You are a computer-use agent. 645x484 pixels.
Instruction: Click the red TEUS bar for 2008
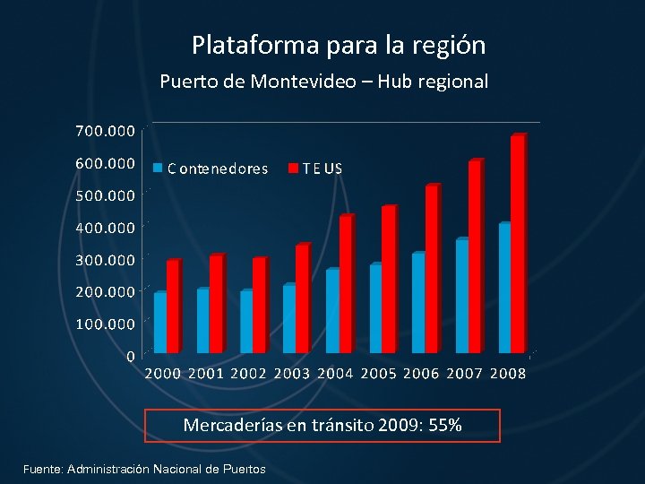pyautogui.click(x=517, y=244)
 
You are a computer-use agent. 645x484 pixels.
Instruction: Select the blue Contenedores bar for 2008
pyautogui.click(x=503, y=288)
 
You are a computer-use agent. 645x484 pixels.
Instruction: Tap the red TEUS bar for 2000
pyautogui.click(x=172, y=307)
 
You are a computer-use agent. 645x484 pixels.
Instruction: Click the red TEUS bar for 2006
pyautogui.click(x=431, y=269)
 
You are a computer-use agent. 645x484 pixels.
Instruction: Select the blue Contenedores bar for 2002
pyautogui.click(x=245, y=322)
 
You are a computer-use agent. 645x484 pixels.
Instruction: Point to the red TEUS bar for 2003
pyautogui.click(x=302, y=298)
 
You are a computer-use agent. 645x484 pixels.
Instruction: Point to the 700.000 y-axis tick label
pyautogui.click(x=105, y=131)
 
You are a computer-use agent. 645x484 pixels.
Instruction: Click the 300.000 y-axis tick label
pyautogui.click(x=105, y=259)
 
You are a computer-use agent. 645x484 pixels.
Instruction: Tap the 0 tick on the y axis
pyautogui.click(x=131, y=356)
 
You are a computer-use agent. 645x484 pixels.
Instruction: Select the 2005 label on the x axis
pyautogui.click(x=379, y=373)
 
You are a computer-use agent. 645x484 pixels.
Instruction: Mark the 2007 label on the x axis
pyautogui.click(x=465, y=373)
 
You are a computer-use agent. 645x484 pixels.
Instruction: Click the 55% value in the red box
pyautogui.click(x=444, y=425)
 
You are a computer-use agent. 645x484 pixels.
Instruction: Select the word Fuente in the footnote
pyautogui.click(x=42, y=469)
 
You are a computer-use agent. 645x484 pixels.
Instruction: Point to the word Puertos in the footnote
pyautogui.click(x=243, y=469)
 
